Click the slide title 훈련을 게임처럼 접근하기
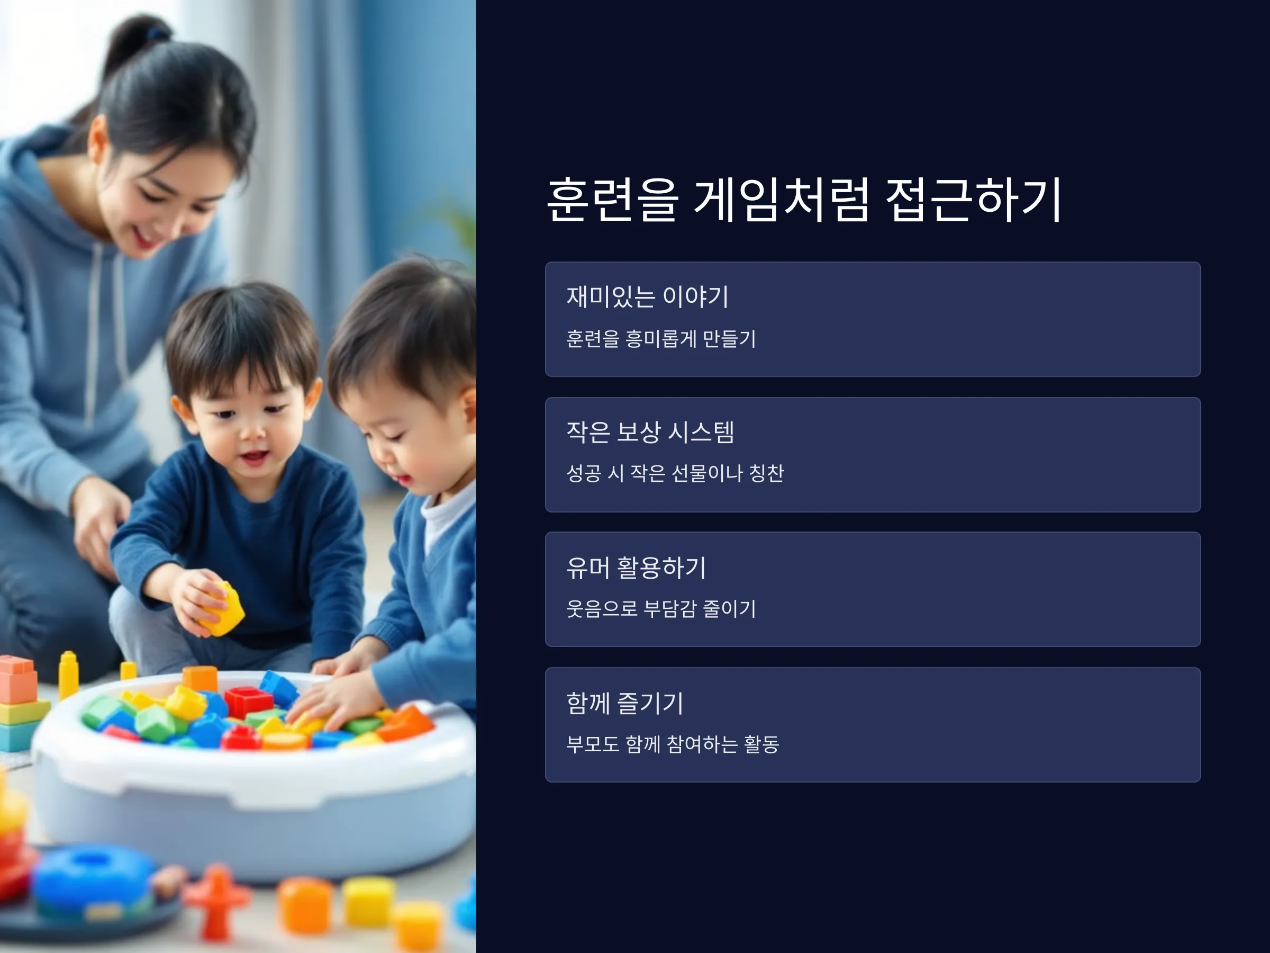point(804,199)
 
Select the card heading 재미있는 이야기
point(648,296)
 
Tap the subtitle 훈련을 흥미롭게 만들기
point(661,338)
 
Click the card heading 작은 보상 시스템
point(650,432)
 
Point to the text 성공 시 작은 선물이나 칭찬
point(675,473)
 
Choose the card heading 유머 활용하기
point(636,568)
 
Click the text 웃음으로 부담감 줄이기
point(661,608)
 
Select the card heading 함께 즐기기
point(624,703)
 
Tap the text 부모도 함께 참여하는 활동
point(673,744)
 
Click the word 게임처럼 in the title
point(781,199)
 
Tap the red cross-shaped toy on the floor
point(216,901)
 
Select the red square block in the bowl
point(248,702)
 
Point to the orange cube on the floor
point(305,905)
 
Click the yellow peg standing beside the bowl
point(68,675)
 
